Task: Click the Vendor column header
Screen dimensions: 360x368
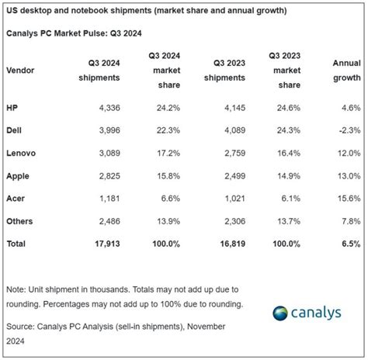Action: (21, 70)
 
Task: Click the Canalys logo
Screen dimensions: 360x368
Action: (314, 313)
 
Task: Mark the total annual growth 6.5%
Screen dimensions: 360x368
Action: (349, 244)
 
